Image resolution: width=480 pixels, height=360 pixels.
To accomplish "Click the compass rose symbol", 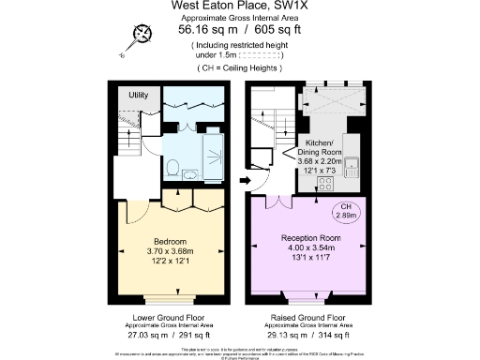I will click(x=142, y=35).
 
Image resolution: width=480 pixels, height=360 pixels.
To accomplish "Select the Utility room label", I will click(x=139, y=96).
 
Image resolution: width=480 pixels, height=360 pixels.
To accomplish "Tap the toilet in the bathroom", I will click(x=172, y=167).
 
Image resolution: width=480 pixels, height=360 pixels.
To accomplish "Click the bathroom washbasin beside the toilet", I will click(x=192, y=172).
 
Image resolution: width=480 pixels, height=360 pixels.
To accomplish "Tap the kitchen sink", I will click(x=353, y=169).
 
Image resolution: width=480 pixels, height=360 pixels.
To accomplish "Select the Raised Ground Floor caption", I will click(x=309, y=319).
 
